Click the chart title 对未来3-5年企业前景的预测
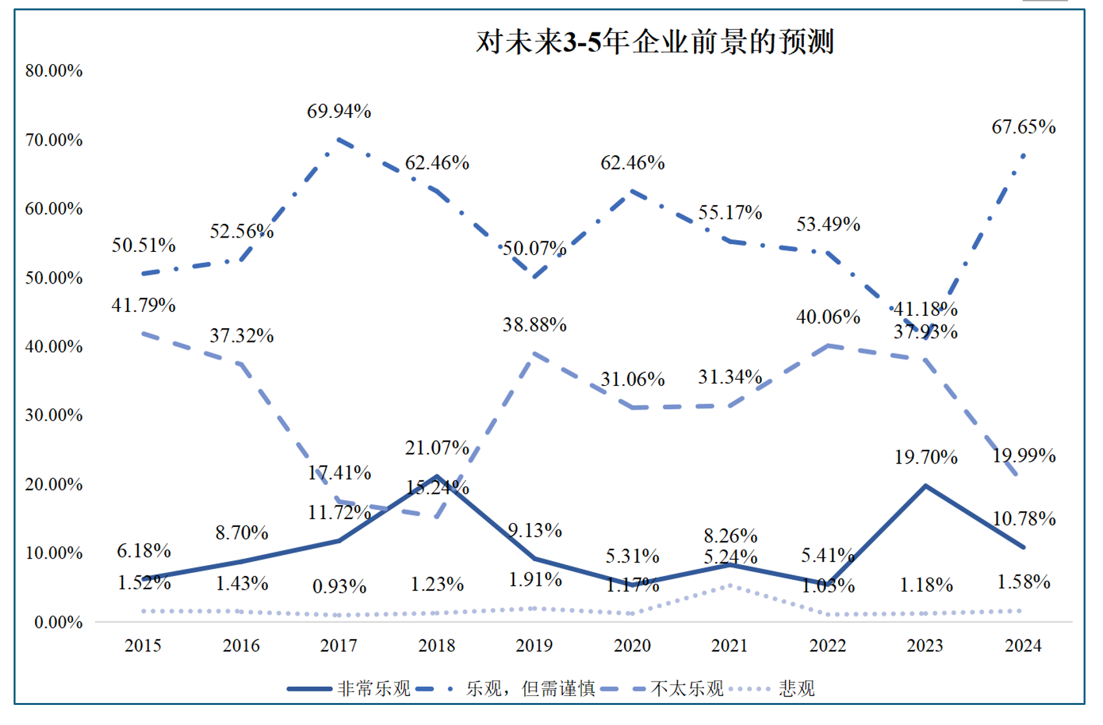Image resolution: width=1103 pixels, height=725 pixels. coord(654,42)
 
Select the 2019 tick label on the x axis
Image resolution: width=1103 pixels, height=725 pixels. coord(534,645)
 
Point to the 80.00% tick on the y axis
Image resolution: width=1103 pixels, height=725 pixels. coord(54,71)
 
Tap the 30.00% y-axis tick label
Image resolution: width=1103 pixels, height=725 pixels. coord(54,415)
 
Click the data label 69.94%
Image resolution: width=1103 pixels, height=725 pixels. coord(339,111)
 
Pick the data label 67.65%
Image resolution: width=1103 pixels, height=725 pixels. coord(1023,127)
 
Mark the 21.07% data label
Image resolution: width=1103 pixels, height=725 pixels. coord(437,447)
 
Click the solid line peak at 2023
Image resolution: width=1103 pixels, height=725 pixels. coord(926,485)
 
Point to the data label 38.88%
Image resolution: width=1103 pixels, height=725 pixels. coord(535,324)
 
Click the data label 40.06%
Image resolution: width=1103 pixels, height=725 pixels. coord(828,317)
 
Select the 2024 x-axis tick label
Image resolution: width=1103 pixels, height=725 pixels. coord(1023,645)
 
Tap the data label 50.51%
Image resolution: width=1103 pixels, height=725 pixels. coord(144,245)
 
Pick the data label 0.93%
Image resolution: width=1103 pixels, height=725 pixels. coord(339,586)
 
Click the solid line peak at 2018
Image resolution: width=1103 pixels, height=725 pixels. coord(437,476)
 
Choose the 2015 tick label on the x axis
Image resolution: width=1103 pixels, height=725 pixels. coord(143,645)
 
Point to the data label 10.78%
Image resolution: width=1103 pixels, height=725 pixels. coord(1024,519)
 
